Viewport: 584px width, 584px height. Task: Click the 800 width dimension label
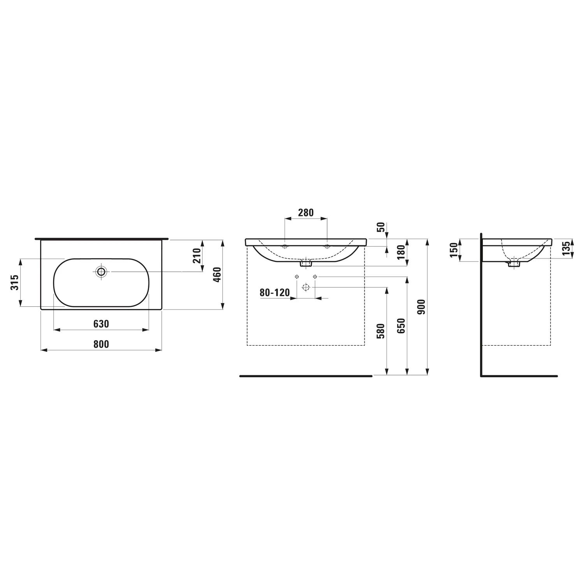coord(101,344)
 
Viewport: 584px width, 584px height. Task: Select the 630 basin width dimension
coord(101,324)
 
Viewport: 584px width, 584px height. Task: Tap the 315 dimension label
coord(14,282)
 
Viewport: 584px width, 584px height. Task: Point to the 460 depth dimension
coord(217,274)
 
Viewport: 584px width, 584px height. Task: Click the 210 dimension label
coord(197,255)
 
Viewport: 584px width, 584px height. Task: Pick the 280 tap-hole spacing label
coord(306,213)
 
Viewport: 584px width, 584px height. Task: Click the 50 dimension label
coord(381,227)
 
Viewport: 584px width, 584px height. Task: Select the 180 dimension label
coord(401,252)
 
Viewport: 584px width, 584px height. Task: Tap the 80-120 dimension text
coord(275,292)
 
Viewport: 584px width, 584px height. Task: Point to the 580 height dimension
coord(381,331)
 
